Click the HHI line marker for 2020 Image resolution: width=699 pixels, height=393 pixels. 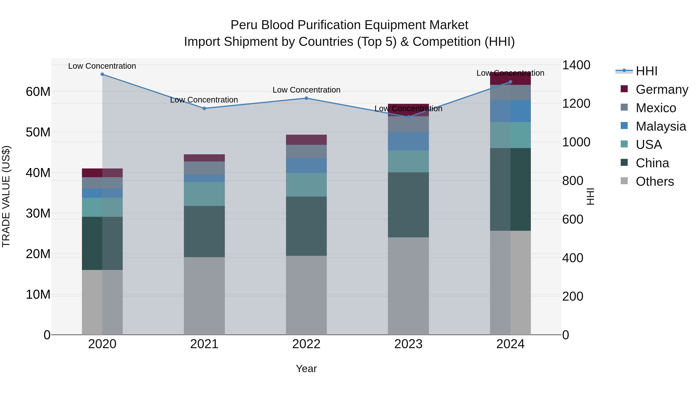[x=102, y=74]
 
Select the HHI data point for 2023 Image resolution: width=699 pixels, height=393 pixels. [x=408, y=117]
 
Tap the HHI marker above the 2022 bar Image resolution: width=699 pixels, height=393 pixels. [x=306, y=98]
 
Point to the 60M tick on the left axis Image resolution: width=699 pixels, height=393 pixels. [x=38, y=92]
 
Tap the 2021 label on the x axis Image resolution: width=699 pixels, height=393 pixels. [x=204, y=344]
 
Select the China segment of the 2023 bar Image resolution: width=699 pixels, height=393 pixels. [x=408, y=205]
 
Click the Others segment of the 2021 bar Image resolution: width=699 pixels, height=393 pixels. [x=204, y=296]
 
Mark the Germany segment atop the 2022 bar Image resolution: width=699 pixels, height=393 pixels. [x=306, y=140]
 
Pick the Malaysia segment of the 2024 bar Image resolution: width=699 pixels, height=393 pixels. [x=510, y=111]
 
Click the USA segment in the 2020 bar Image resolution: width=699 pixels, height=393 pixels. [x=102, y=207]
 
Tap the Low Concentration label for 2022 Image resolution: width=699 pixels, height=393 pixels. [x=306, y=90]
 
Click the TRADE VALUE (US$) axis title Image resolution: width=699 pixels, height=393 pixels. [x=6, y=196]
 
